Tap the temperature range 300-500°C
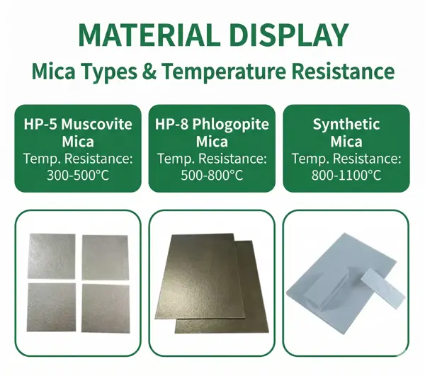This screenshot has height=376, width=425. point(78,174)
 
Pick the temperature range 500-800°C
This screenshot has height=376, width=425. point(212,174)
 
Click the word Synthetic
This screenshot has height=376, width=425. point(346,125)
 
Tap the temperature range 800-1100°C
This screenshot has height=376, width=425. point(346,174)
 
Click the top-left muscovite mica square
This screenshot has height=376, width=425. point(50,256)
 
